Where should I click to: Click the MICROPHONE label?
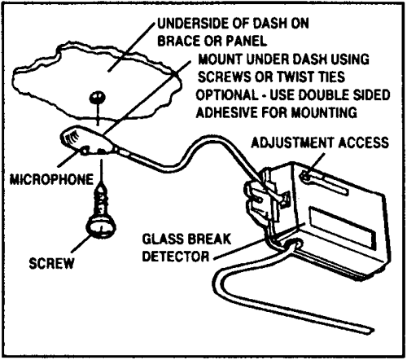point(51,179)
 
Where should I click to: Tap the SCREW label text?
point(51,263)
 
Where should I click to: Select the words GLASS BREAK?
point(186,239)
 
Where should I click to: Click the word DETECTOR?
point(176,256)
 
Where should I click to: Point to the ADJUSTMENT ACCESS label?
point(320,143)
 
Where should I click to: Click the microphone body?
point(86,140)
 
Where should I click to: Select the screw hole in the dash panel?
point(98,97)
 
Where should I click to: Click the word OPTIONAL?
point(227,94)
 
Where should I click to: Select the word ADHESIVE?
point(227,112)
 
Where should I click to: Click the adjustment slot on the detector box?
point(323,183)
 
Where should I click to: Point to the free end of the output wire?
point(372,331)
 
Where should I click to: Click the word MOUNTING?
point(324,112)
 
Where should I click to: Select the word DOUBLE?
point(325,94)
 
